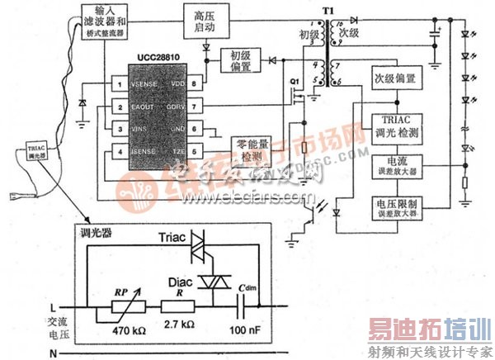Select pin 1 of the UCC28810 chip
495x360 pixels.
click(121, 83)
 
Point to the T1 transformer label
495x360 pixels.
click(331, 7)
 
